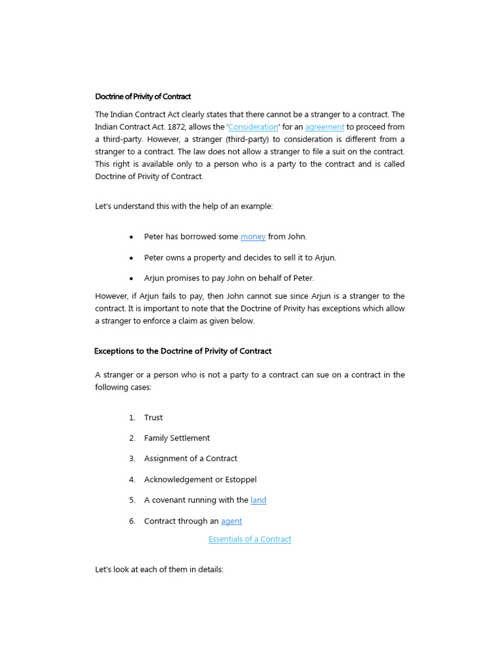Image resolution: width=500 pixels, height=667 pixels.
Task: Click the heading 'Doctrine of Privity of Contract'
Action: click(143, 96)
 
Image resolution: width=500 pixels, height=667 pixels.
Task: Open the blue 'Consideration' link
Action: click(253, 127)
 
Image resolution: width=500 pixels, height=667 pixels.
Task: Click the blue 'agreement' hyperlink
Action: click(324, 127)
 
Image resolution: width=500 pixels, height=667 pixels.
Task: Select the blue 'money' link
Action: click(253, 236)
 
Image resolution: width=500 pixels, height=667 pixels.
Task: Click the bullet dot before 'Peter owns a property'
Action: click(132, 258)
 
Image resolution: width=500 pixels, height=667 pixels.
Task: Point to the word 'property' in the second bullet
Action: click(225, 257)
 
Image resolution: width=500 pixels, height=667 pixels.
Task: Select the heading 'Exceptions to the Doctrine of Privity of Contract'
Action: click(183, 351)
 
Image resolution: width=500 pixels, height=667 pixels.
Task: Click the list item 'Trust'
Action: click(154, 418)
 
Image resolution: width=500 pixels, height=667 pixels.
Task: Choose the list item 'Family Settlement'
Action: click(176, 438)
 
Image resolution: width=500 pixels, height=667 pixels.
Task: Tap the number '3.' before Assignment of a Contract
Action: click(132, 459)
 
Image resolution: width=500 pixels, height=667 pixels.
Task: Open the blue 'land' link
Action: click(258, 500)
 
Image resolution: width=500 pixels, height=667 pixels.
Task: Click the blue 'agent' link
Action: click(231, 521)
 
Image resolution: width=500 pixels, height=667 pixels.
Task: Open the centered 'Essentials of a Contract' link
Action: click(249, 539)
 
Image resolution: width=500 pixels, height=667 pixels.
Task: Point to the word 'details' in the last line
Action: click(208, 569)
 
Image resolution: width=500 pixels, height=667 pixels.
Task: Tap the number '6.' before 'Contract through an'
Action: click(132, 521)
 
